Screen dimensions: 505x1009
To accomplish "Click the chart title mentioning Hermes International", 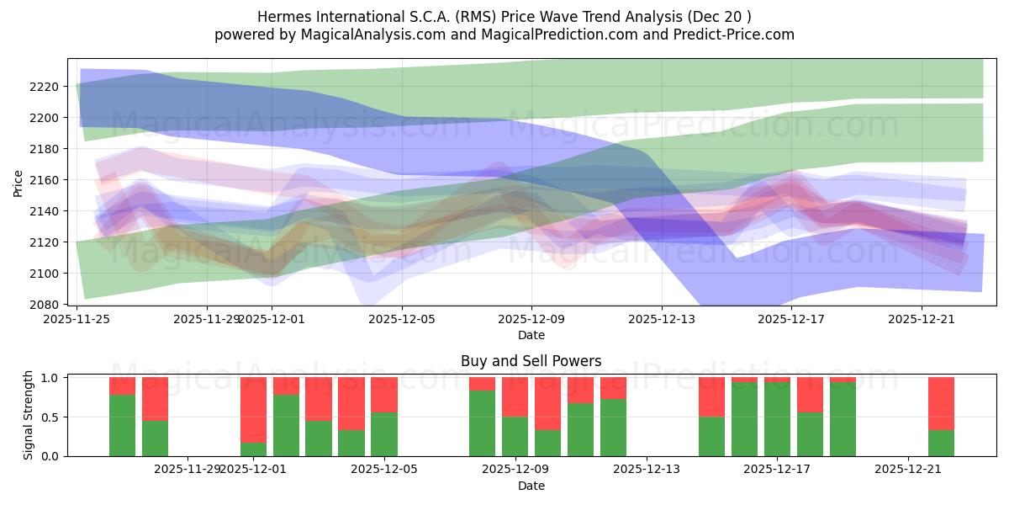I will (504, 16).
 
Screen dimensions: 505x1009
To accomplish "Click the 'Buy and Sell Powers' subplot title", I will (531, 361).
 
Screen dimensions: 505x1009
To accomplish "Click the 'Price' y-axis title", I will (18, 182).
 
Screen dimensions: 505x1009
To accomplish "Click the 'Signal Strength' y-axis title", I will (29, 416).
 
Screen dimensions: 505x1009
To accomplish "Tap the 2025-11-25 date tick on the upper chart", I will (77, 320).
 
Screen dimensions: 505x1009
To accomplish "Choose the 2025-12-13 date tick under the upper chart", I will (662, 320).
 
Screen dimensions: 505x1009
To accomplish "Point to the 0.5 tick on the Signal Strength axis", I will (50, 417).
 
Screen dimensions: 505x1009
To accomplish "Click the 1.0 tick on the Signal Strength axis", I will (50, 378).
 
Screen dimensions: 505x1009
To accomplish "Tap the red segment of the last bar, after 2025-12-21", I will (941, 403).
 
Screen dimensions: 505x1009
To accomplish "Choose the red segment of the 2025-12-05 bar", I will (384, 395).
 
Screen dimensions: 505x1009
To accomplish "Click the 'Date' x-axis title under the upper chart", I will (531, 335).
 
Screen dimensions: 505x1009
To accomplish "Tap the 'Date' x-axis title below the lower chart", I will (531, 486).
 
